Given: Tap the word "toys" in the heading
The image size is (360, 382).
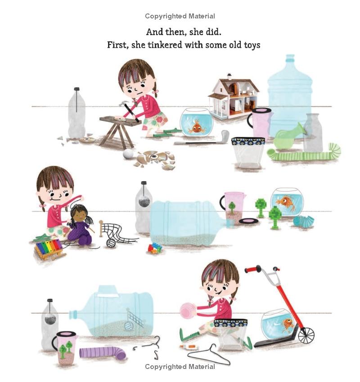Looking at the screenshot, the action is point(252,45).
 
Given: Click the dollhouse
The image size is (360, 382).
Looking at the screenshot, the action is point(234,96).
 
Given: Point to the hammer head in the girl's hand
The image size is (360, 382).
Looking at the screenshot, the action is point(123,103).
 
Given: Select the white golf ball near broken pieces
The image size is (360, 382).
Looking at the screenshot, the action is point(128,154).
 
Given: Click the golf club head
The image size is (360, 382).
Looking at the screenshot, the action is point(225,135).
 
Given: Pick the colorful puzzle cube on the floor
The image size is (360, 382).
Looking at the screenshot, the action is point(155,248).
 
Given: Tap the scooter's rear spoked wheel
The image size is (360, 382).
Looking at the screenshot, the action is point(306,335).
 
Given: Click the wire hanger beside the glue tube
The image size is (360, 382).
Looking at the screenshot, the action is point(208,355).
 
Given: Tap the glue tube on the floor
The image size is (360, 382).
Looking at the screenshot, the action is point(188,346).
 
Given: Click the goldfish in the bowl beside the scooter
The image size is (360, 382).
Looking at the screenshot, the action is point(288,324).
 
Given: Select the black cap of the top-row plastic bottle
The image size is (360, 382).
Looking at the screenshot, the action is point(77,89).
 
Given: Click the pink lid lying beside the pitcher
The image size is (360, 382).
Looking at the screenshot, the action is point(248,221).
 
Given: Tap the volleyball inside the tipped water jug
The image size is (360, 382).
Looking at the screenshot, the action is point(129,326).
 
